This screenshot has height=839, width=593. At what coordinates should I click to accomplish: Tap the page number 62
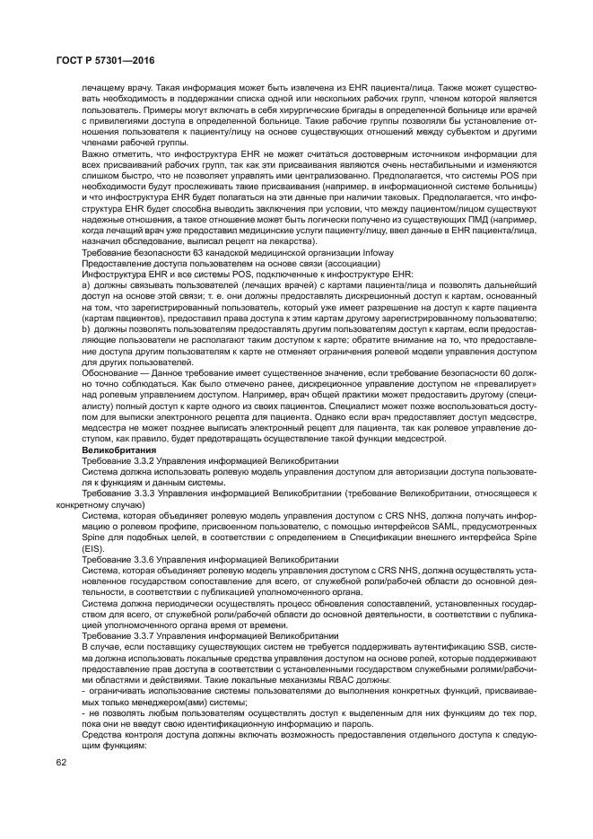click(x=62, y=761)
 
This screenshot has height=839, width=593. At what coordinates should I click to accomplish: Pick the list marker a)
click(x=86, y=285)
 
